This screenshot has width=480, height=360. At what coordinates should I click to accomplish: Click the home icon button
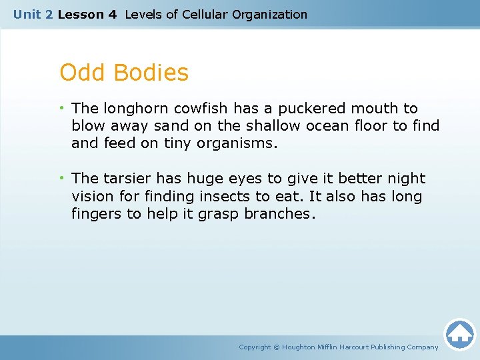point(459,334)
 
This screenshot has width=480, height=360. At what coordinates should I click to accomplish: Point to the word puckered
point(319,109)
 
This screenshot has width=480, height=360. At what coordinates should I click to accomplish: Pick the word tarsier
point(128,179)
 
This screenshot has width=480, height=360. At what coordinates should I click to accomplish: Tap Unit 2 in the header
point(33,14)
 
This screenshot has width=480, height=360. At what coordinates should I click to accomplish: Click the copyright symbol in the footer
point(277,347)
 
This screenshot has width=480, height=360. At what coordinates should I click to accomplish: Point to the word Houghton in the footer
point(300,347)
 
